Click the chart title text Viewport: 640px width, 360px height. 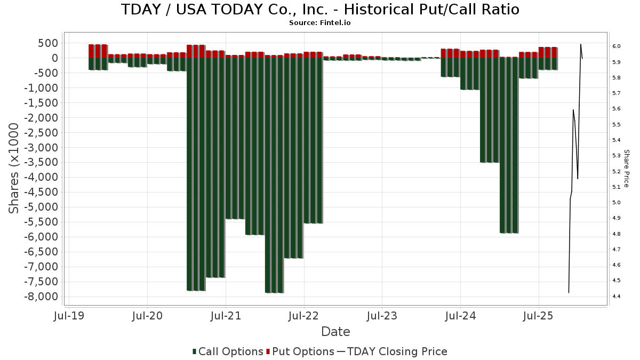320,10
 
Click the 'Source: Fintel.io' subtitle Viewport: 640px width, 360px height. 320,23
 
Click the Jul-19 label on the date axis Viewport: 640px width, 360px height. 69,316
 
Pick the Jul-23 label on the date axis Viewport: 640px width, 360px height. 382,316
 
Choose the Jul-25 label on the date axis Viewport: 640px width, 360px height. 539,316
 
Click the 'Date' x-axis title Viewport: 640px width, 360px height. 335,332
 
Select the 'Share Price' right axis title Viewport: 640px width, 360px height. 626,168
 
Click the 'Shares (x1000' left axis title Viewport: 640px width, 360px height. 14,168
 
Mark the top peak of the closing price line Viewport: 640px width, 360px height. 581,44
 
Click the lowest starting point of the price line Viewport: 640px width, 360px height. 569,292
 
